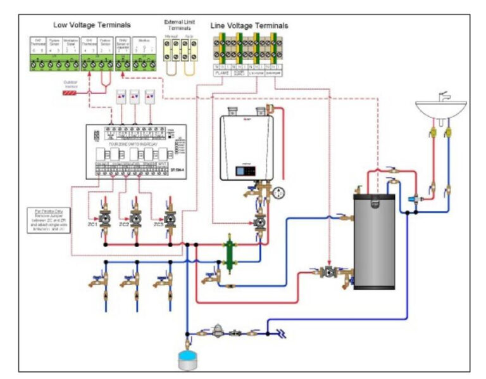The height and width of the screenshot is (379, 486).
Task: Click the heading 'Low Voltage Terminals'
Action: (92, 25)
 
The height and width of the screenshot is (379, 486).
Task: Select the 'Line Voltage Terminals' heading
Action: (249, 26)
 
